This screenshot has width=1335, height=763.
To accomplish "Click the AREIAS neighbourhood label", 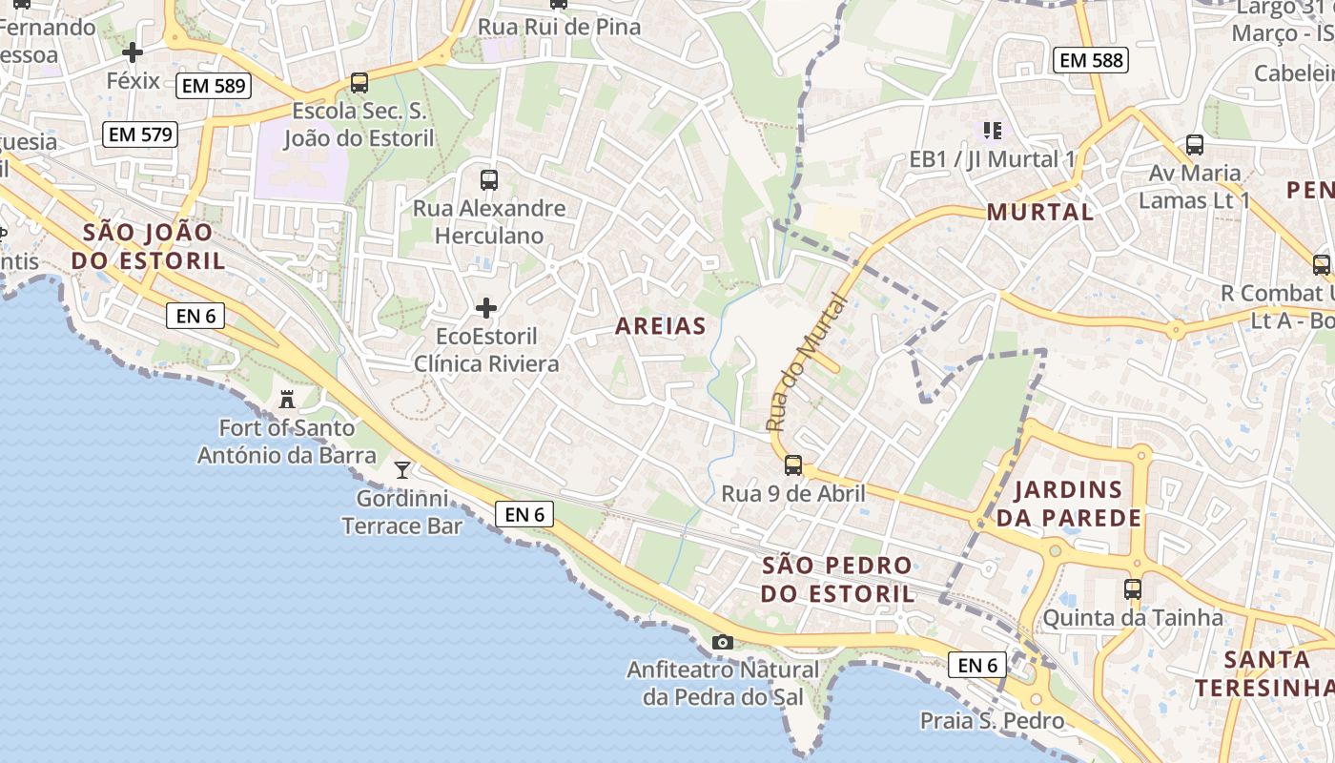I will coord(661,326).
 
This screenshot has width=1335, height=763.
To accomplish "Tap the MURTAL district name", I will coord(1039,212).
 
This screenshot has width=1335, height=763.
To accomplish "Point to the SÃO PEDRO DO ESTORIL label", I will coord(837,579).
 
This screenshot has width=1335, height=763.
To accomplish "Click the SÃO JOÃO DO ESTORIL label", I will coord(154,246).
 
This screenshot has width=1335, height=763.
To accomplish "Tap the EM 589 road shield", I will coord(212,86).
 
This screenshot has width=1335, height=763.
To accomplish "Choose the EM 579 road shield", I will coord(140,134).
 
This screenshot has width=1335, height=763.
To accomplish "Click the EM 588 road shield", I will coord(1091,60).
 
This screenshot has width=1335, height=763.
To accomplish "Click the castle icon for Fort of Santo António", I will coord(286,399).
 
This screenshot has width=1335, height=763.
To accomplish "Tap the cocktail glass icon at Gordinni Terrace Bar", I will coord(402,469).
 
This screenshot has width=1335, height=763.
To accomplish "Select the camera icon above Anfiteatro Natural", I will coord(723,642).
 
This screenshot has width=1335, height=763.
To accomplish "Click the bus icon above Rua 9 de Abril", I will coord(792,465).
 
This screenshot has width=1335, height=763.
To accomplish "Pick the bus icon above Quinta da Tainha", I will coord(1132,588).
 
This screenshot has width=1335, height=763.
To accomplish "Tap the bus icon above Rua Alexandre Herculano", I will coord(488,179).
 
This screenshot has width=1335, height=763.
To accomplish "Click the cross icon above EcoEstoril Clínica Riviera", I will coord(486,308).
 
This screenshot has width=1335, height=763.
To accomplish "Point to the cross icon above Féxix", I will coord(133,52).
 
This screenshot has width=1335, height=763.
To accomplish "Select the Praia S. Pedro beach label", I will coord(992,721).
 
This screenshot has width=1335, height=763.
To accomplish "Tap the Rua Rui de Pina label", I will coord(559,27).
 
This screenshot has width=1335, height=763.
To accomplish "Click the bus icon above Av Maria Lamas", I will coord(1194,145).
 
